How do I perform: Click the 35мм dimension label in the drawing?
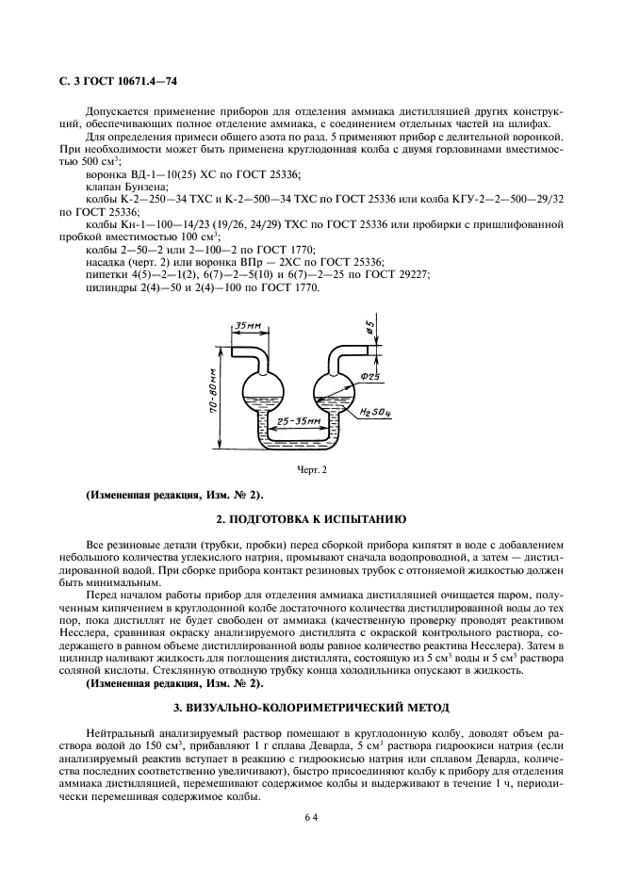pos(247,327)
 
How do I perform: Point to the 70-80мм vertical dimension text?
pos(215,396)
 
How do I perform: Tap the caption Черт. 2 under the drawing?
pos(311,471)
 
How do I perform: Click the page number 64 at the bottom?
pos(311,818)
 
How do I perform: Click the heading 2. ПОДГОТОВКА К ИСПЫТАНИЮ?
pos(311,519)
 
